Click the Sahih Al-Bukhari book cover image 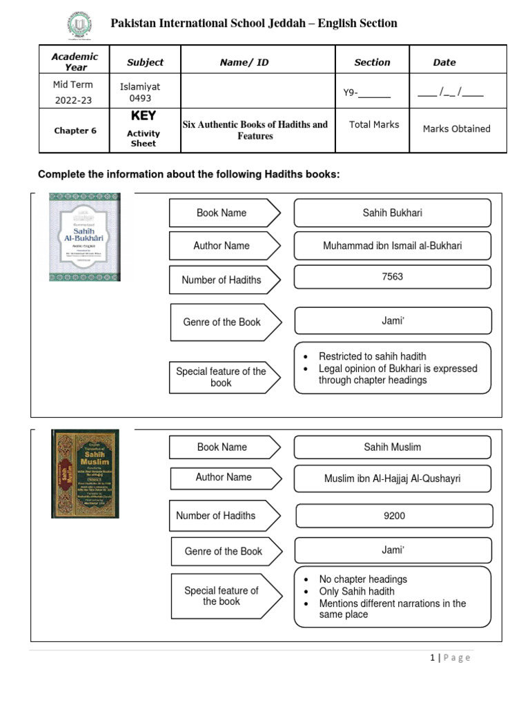[85, 237]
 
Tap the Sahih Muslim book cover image [85, 474]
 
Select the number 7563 [392, 277]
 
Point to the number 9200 [394, 516]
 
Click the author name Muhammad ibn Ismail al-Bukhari [392, 246]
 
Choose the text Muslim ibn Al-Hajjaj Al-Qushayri [392, 478]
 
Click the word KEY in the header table [144, 116]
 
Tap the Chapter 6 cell [75, 130]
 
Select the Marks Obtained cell [456, 128]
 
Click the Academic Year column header [75, 62]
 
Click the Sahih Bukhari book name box [392, 213]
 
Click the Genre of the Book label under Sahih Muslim [223, 552]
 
